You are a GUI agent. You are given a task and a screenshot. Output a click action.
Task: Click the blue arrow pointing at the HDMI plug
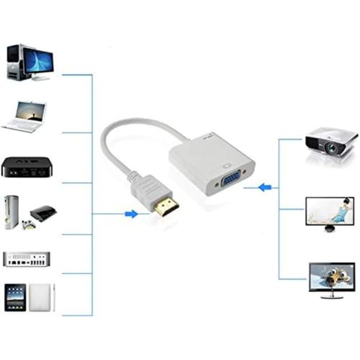pos(131,214)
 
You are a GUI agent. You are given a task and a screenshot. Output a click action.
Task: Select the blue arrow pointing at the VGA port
pos(265,187)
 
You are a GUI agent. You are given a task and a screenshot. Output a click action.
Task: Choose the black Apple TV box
pos(27,167)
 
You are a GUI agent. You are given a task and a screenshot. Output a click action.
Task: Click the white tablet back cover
pos(40,297)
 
